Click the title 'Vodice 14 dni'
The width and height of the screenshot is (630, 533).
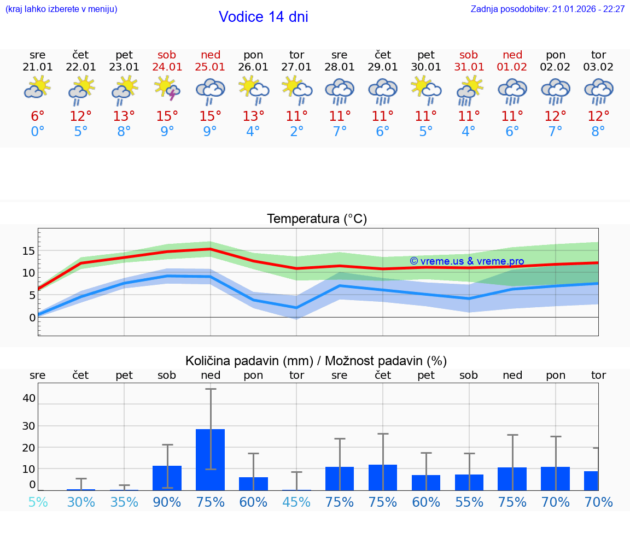(263, 17)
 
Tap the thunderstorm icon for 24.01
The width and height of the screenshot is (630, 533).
(167, 89)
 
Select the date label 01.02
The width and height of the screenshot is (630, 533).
(512, 67)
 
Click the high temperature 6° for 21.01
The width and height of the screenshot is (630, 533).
(38, 116)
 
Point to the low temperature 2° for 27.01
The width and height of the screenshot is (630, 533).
(296, 132)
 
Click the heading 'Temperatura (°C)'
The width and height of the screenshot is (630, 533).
(317, 219)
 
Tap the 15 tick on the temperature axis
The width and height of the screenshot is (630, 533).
(28, 251)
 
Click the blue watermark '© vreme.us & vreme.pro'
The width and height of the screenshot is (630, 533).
(466, 261)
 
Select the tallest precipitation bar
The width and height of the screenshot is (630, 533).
(211, 459)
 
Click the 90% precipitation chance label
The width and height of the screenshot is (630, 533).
(167, 502)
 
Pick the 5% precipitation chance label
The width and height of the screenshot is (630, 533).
(38, 502)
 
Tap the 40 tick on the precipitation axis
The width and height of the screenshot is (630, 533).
(28, 398)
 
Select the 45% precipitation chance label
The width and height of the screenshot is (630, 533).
(296, 502)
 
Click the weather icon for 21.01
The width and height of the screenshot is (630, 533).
(38, 88)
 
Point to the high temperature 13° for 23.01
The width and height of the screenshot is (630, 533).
(124, 116)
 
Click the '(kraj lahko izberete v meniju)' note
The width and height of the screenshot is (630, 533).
(61, 9)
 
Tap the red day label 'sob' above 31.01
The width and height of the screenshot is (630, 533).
(469, 55)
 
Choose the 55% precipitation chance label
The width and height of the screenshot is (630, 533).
(469, 502)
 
